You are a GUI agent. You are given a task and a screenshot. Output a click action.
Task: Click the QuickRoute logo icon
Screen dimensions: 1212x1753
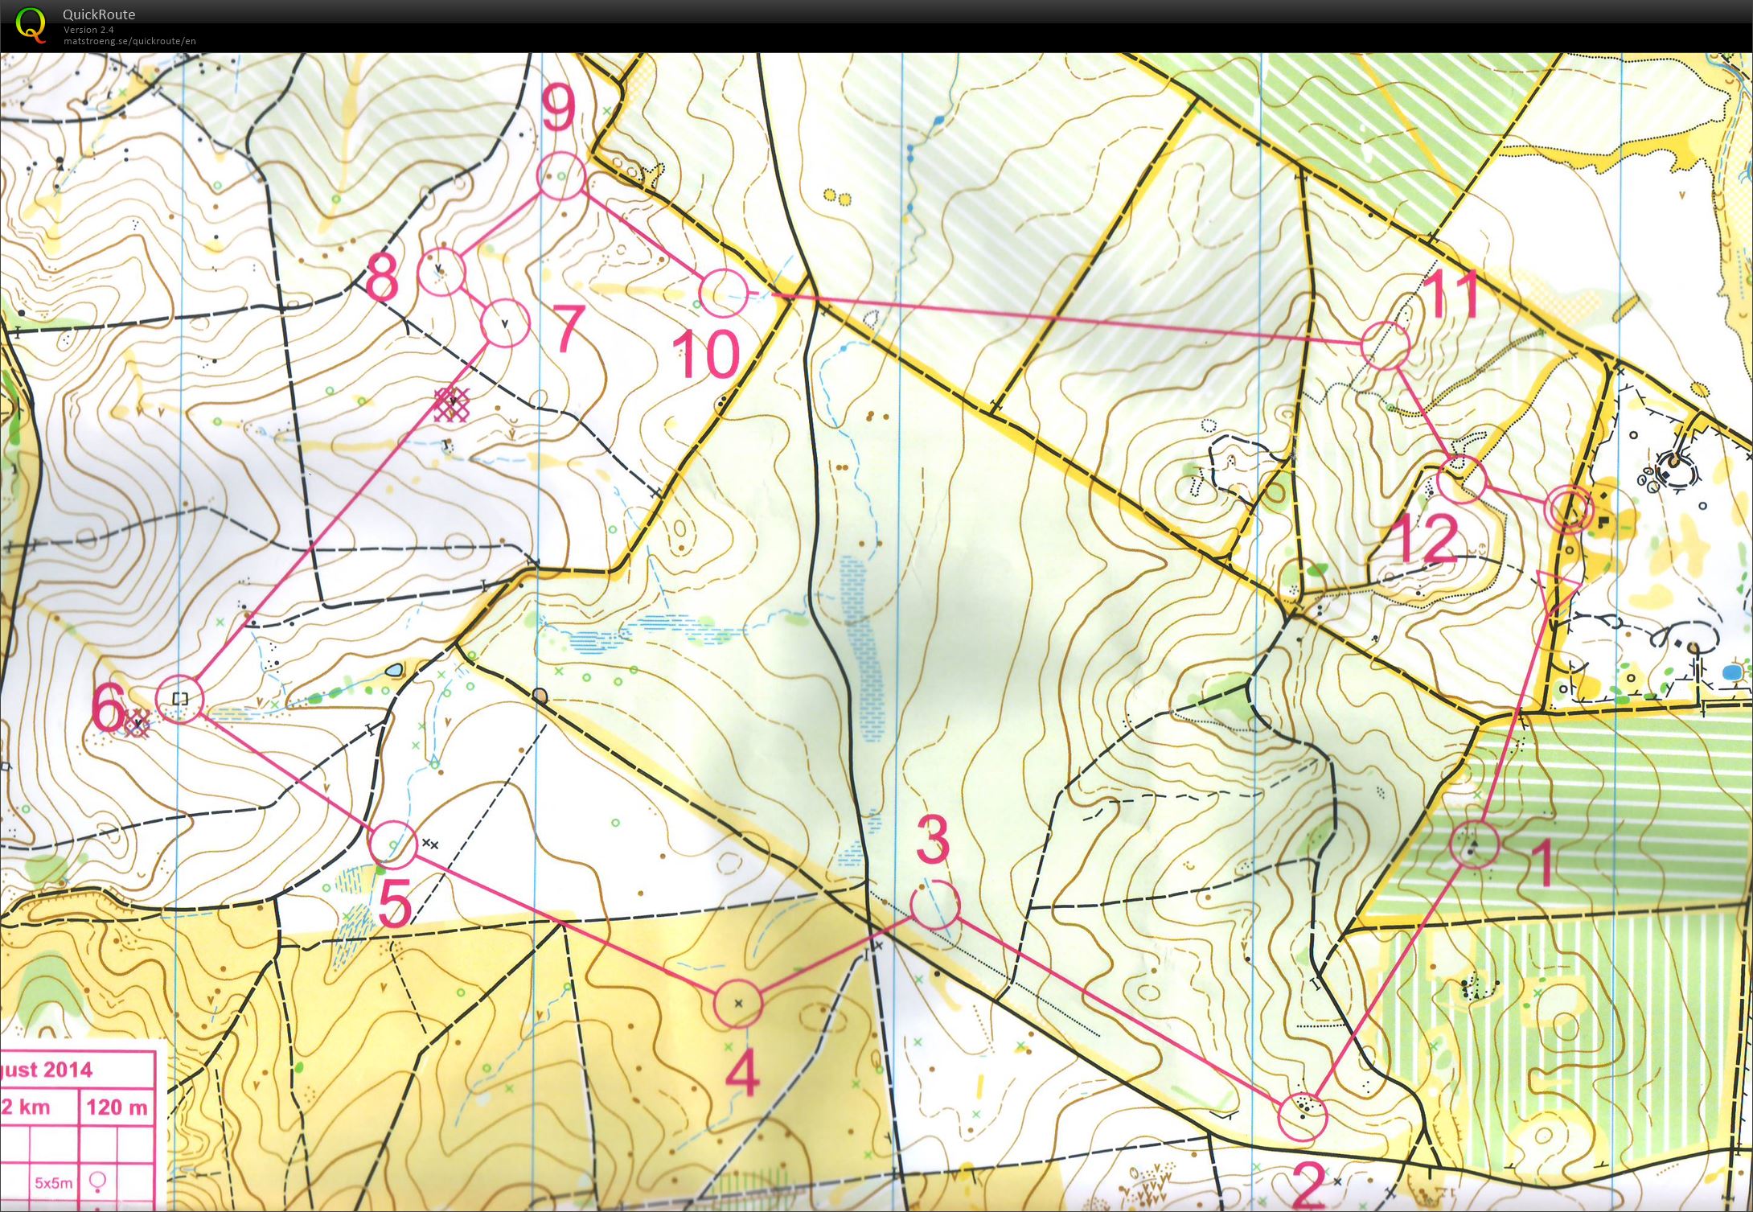click(31, 24)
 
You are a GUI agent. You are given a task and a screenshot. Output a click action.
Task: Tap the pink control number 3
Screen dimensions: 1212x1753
click(933, 841)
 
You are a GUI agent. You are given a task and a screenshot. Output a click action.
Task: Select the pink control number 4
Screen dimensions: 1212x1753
click(742, 1075)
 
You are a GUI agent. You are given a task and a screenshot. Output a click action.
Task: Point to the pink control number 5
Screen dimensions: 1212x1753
click(395, 902)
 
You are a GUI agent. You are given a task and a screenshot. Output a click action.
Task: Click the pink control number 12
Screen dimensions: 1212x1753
click(1428, 539)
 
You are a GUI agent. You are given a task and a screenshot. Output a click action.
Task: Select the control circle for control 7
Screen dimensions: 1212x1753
click(505, 323)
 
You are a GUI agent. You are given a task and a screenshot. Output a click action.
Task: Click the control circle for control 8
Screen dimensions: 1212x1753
click(441, 271)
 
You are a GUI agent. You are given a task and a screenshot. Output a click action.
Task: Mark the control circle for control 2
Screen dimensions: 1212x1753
click(1302, 1115)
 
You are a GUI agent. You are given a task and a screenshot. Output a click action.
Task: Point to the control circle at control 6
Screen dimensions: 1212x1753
click(180, 699)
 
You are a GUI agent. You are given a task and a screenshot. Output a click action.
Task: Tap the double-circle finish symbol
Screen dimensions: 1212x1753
click(1569, 509)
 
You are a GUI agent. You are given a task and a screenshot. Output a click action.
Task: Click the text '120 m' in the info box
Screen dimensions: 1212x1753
click(117, 1107)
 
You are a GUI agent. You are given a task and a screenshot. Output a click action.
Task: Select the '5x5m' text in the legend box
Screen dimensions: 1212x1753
click(53, 1183)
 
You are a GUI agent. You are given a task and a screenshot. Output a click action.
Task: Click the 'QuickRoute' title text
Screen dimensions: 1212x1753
click(99, 14)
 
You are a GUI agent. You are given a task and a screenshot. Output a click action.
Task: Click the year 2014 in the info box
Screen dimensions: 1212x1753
click(68, 1070)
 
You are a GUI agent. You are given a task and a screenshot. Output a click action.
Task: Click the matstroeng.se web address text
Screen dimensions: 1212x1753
click(129, 41)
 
